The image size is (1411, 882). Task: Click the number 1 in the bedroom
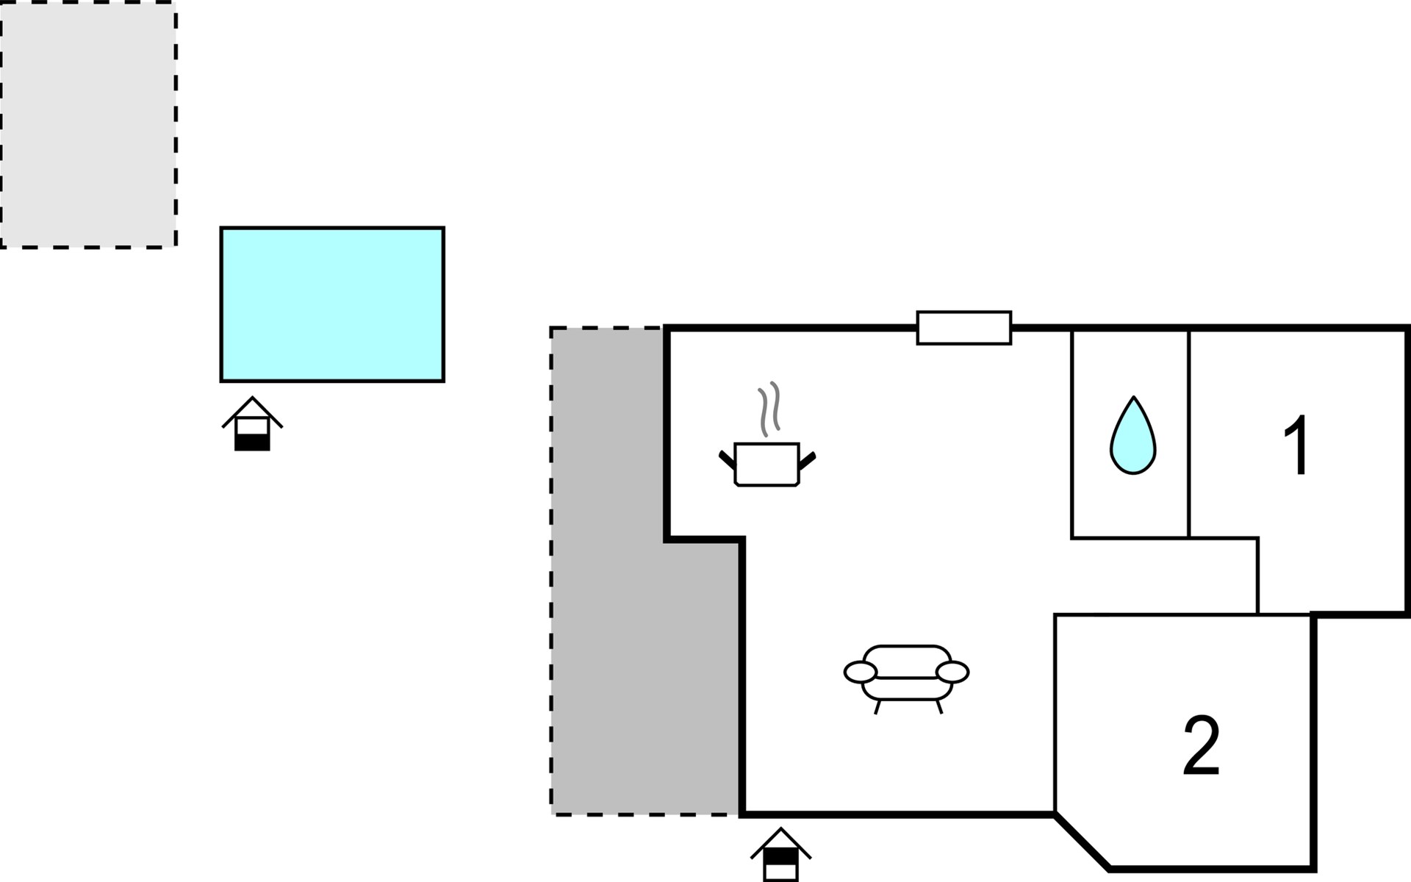click(x=1297, y=445)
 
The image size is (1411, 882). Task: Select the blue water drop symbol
click(x=1133, y=436)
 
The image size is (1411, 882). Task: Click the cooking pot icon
click(x=766, y=464)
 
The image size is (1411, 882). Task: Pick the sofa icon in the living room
click(x=907, y=678)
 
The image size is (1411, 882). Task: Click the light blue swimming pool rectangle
click(x=332, y=304)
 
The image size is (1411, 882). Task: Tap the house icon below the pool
click(x=252, y=423)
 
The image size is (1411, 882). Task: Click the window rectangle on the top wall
click(x=964, y=328)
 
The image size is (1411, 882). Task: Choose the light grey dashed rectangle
click(x=88, y=125)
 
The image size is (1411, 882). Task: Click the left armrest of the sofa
click(x=861, y=672)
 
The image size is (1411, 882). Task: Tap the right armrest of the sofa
click(x=953, y=672)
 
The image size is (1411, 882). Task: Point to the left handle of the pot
click(x=727, y=461)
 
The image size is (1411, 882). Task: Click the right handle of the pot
click(x=807, y=461)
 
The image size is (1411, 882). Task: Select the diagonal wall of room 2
click(x=1083, y=842)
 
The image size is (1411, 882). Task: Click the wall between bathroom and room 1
click(x=1188, y=434)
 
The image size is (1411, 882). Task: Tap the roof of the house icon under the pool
click(x=252, y=411)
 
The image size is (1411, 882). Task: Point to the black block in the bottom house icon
click(x=780, y=856)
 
